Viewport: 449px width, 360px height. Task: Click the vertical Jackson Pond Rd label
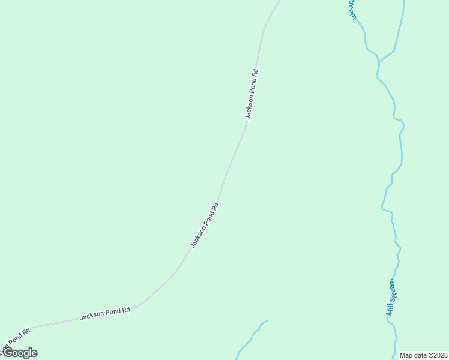point(252,95)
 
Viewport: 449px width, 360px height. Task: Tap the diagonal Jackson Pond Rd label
point(204,226)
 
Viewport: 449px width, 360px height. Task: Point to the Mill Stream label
point(391,298)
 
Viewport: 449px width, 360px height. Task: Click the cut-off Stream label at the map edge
point(352,8)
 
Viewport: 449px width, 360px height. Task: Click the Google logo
point(19,353)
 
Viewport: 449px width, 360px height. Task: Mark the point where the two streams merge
point(379,61)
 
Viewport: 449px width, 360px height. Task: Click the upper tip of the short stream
point(267,320)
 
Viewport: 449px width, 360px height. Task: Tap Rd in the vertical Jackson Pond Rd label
point(255,73)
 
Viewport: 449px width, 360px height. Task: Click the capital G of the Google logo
point(7,352)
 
